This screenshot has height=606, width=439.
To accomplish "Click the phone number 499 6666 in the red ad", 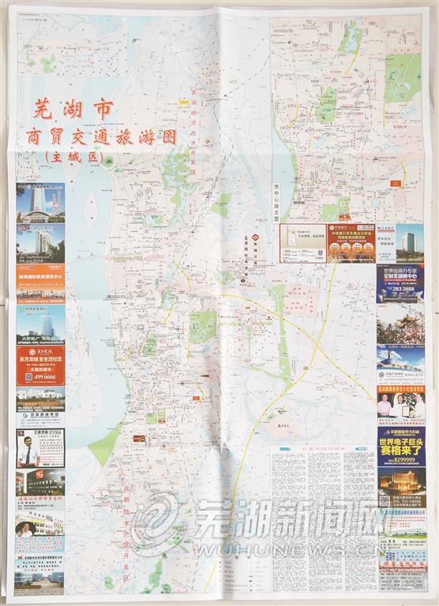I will tap(41, 377).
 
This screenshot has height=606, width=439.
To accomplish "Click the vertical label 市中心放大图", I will tap(277, 202).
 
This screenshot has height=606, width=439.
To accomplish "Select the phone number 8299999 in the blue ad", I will tap(402, 461).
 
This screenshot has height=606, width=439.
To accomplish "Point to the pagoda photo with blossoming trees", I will tap(401, 324).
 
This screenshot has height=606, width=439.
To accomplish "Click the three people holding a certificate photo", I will tap(401, 406).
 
